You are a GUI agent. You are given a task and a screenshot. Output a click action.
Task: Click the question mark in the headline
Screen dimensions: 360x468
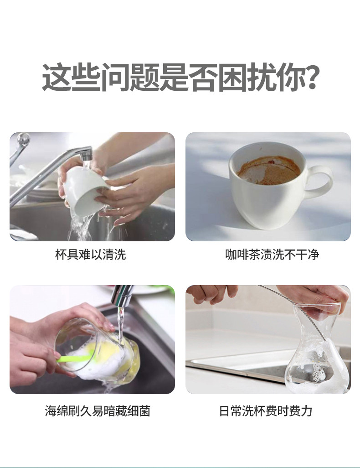(311, 77)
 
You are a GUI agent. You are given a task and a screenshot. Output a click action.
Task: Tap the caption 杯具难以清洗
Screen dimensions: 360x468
(91, 255)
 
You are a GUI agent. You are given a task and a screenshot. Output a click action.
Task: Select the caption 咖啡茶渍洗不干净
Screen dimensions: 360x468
(272, 255)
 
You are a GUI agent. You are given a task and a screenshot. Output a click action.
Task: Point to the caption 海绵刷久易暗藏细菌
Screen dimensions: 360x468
(98, 411)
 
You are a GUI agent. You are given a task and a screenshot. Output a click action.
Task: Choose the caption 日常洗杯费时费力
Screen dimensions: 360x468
(266, 411)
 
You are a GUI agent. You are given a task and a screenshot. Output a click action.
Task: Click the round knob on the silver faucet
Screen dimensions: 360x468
(24, 140)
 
